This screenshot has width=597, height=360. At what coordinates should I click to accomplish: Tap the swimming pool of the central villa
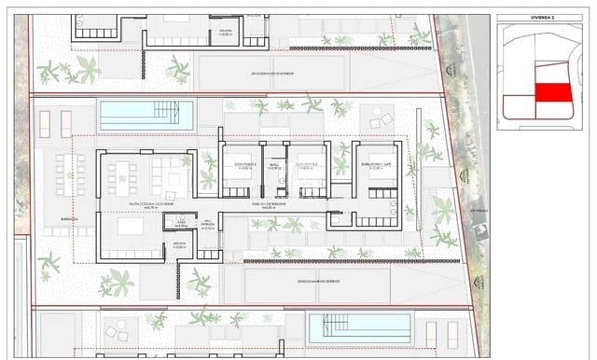click(146, 116)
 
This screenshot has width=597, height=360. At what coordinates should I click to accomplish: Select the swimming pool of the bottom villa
click(358, 326)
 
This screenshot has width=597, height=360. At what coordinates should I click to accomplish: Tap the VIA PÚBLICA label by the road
click(480, 211)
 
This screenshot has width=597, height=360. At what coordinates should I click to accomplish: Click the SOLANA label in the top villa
click(225, 31)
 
